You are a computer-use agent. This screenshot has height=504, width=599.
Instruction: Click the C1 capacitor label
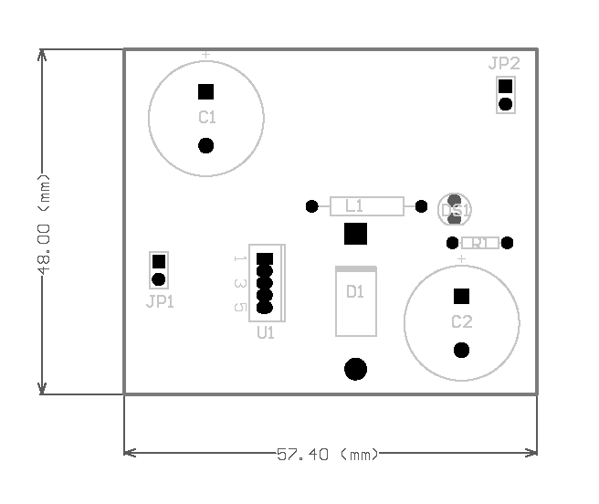(x=207, y=118)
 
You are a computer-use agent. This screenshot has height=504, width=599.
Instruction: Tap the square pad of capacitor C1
(x=206, y=91)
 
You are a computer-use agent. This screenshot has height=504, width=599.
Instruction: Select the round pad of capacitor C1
(x=206, y=145)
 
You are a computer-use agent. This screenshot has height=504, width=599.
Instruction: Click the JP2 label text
(x=504, y=64)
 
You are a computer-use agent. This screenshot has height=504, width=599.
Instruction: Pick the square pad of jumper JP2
(x=505, y=86)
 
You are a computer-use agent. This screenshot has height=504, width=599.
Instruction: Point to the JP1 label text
(x=160, y=302)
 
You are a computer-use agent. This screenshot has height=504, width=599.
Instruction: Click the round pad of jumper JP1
(x=159, y=279)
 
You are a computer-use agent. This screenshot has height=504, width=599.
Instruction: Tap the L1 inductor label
(x=354, y=205)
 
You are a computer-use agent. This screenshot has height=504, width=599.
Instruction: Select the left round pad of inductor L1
(x=312, y=206)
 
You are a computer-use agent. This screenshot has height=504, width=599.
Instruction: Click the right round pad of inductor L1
(x=421, y=206)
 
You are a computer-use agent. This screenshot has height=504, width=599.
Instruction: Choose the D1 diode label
(x=355, y=292)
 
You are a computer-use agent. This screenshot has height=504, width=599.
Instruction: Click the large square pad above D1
(x=355, y=234)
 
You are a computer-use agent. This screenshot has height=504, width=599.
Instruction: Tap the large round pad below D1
(x=355, y=369)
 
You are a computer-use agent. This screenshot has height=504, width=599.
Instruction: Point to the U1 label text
(x=266, y=333)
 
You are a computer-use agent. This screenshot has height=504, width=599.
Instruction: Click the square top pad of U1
(x=265, y=259)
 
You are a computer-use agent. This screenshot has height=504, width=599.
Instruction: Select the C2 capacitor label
(x=462, y=322)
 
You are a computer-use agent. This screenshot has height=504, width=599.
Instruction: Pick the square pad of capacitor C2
(x=462, y=296)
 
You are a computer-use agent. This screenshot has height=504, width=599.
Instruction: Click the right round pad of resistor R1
(x=508, y=243)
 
